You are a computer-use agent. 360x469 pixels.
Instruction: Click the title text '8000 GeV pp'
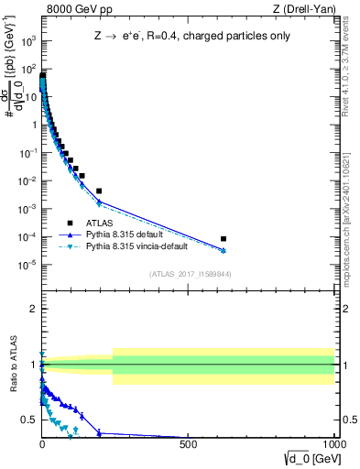point(72,9)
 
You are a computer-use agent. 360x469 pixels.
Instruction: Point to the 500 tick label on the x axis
point(188,445)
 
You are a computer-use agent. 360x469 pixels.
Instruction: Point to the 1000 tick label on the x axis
point(333,445)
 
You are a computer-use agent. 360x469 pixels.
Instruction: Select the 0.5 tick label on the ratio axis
point(27,420)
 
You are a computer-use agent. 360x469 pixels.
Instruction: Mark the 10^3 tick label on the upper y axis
point(27,41)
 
